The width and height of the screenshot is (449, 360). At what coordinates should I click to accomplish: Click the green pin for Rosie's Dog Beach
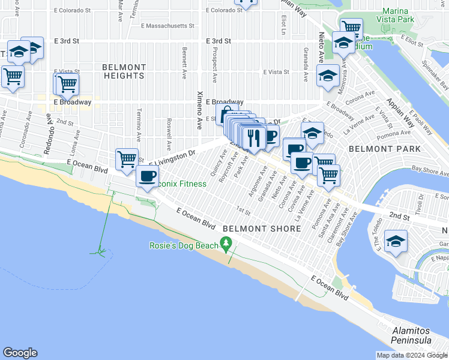[x=226, y=243]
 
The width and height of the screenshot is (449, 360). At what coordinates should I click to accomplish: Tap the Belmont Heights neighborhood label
[x=124, y=71]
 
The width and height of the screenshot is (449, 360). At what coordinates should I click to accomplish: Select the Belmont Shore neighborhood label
[x=262, y=229]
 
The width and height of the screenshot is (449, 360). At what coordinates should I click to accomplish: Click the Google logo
[x=20, y=353]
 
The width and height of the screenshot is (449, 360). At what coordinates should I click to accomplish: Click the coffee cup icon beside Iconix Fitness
[x=148, y=176]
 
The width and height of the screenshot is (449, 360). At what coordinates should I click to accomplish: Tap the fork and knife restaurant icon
[x=255, y=137]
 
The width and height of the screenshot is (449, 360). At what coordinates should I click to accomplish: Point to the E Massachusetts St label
[x=167, y=26]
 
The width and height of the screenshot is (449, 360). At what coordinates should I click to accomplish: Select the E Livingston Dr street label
[x=173, y=158]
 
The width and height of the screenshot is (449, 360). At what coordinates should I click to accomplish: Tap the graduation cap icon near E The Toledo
[x=396, y=241]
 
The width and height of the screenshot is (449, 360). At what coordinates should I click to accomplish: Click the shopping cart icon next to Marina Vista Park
[x=351, y=27]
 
